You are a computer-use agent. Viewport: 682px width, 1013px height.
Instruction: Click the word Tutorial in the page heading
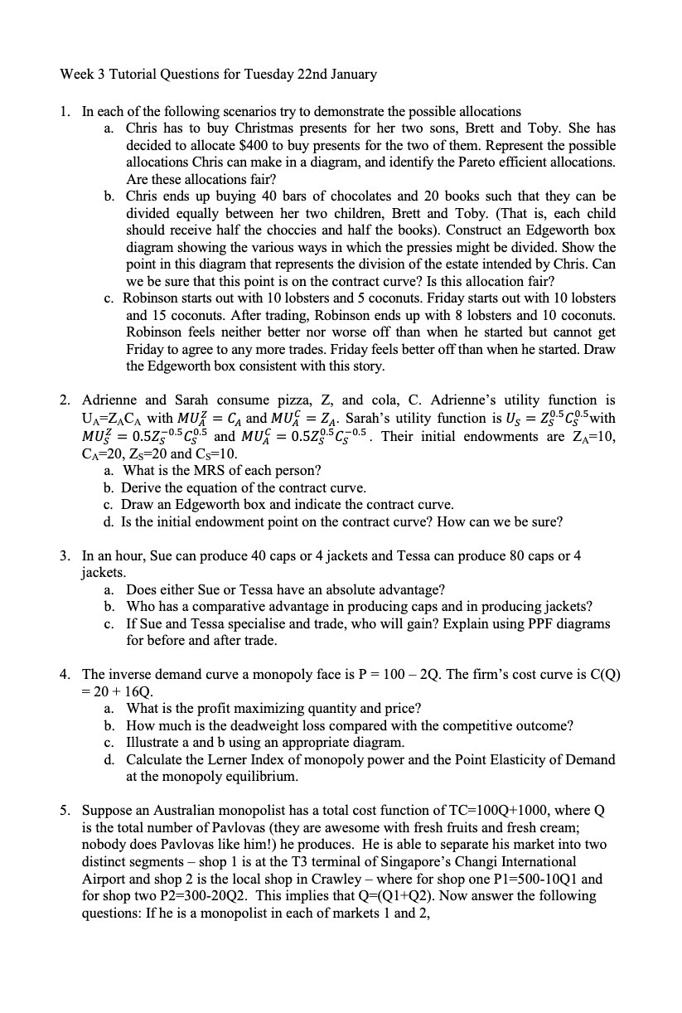pyautogui.click(x=132, y=75)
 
